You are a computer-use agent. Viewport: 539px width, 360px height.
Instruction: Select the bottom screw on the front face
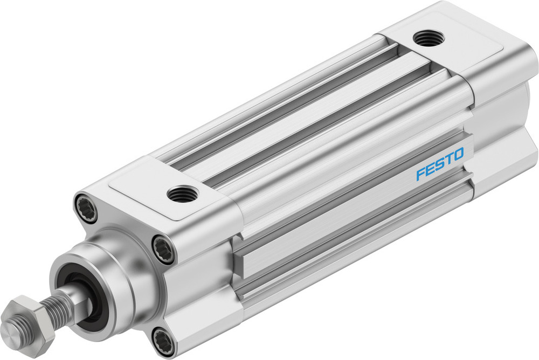(x=162, y=341)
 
